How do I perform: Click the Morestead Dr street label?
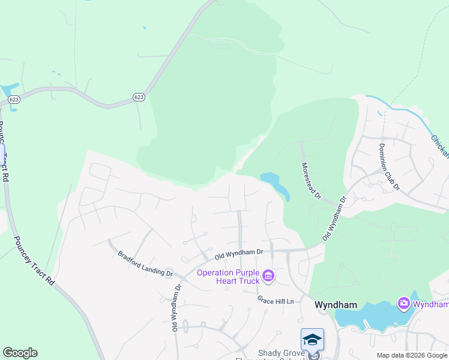pyautogui.click(x=312, y=181)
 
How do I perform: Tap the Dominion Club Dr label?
pyautogui.click(x=389, y=167)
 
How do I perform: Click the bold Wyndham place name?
pyautogui.click(x=336, y=305)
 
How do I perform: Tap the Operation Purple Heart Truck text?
pyautogui.click(x=228, y=277)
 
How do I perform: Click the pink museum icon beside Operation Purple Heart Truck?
pyautogui.click(x=269, y=277)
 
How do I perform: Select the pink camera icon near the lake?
pyautogui.click(x=404, y=304)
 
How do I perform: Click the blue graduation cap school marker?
pyautogui.click(x=312, y=340)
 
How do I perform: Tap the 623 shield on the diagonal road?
pyautogui.click(x=139, y=97)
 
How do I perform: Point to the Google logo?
pyautogui.click(x=20, y=353)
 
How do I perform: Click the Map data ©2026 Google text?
pyautogui.click(x=411, y=355)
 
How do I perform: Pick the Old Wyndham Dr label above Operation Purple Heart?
pyautogui.click(x=240, y=255)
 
